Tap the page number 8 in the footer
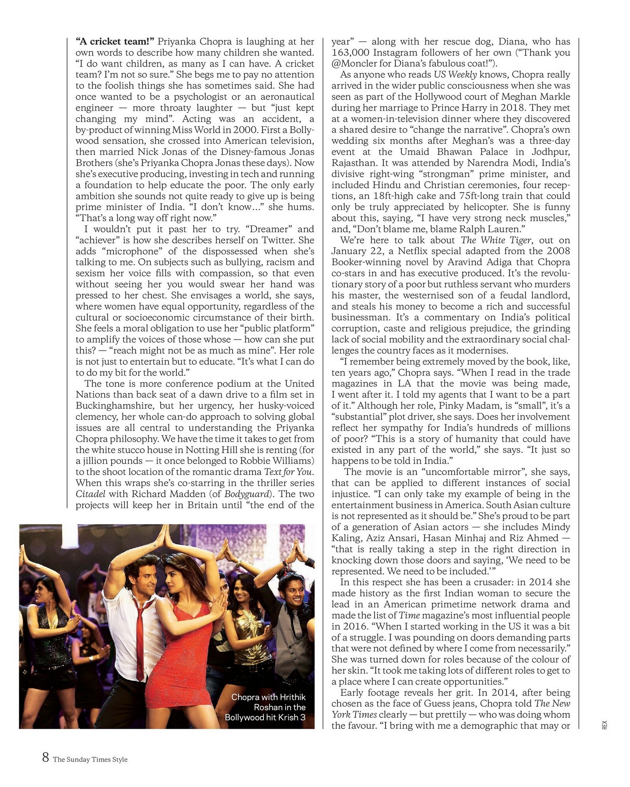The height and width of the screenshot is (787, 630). pos(46,757)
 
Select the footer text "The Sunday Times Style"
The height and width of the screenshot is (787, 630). pos(90,759)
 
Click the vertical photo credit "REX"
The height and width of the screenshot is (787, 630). pos(605,725)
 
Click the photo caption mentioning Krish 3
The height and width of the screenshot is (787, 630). pos(266,707)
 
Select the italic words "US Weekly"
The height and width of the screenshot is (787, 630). pos(455,75)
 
